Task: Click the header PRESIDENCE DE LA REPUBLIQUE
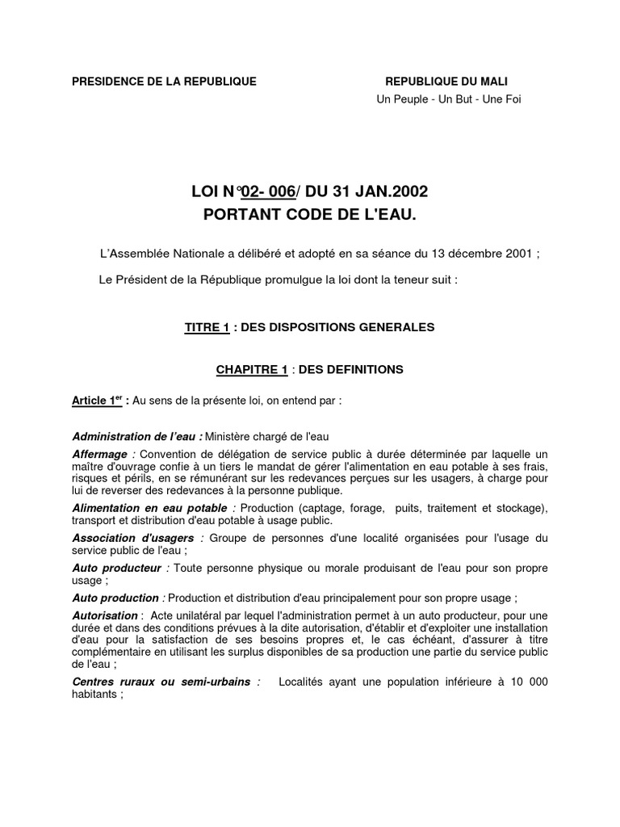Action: (x=165, y=82)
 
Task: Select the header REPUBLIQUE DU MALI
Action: (x=446, y=82)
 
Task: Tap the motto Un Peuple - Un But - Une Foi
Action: (x=449, y=99)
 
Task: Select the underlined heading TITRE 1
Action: (x=207, y=327)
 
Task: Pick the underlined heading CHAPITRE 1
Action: (x=251, y=369)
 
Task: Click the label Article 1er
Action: (x=98, y=400)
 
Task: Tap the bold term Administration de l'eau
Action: (x=136, y=437)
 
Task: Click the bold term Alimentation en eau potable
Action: (x=150, y=507)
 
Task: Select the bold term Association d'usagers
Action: (x=132, y=538)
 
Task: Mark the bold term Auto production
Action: (x=115, y=598)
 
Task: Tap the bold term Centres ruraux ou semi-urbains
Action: (x=162, y=682)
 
